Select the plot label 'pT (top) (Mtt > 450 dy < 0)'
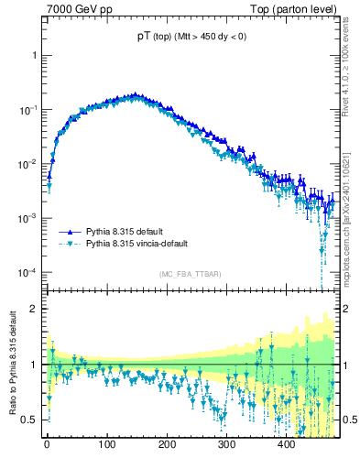(191, 36)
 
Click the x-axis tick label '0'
(47, 445)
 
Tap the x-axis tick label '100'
(107, 445)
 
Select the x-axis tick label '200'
(167, 445)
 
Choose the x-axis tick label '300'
(227, 445)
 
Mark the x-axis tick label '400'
(287, 445)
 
